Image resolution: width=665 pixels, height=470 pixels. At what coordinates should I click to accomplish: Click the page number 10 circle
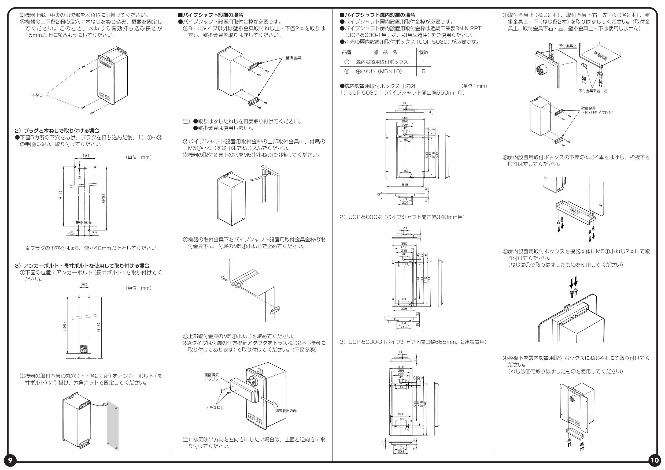(654, 460)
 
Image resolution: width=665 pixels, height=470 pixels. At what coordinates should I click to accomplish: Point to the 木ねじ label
(37, 95)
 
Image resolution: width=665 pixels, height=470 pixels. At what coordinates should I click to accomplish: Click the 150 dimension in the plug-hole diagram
(84, 155)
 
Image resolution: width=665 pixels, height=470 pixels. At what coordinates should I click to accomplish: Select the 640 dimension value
(104, 198)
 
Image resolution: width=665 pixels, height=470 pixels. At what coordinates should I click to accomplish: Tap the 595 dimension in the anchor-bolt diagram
(64, 326)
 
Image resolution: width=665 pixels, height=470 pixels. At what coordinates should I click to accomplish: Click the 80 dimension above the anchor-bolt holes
(84, 285)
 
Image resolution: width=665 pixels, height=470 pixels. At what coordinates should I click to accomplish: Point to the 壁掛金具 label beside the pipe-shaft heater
(293, 58)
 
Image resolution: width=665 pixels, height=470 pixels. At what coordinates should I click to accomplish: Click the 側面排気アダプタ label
(212, 377)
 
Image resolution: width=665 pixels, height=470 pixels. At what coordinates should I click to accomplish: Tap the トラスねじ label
(215, 408)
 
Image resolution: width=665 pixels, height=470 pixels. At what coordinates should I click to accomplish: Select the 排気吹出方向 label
(286, 411)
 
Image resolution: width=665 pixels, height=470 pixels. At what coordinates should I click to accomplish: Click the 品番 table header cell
(347, 52)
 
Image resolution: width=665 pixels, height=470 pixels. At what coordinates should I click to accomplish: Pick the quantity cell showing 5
(423, 72)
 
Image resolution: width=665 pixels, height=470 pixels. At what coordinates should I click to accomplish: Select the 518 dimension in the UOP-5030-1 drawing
(405, 184)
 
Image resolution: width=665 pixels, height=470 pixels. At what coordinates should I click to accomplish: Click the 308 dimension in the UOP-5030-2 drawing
(404, 308)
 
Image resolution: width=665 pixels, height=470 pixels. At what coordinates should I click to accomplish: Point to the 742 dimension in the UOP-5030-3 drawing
(425, 404)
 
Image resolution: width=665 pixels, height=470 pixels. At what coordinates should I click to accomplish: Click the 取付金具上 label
(567, 46)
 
